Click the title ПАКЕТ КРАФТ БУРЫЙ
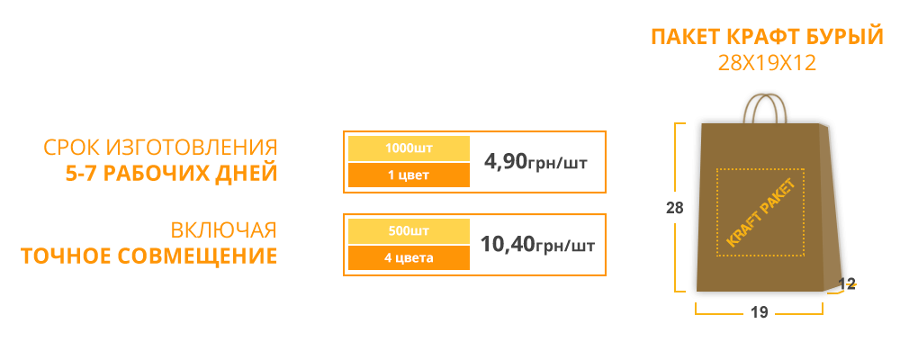tap(767, 37)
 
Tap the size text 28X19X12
tap(767, 63)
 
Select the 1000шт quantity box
tap(409, 148)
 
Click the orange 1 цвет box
tap(409, 175)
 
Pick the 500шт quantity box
tap(409, 231)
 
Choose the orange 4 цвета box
tap(409, 257)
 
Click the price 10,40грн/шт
tap(537, 245)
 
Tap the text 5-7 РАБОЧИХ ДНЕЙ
tap(172, 173)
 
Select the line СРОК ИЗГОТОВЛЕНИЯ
tap(161, 148)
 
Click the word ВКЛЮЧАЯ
tap(224, 230)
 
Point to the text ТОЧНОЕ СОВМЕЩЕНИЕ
tap(149, 256)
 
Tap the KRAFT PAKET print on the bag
tap(760, 212)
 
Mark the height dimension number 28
tap(675, 208)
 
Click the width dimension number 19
tap(760, 311)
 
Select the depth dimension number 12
tap(847, 283)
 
